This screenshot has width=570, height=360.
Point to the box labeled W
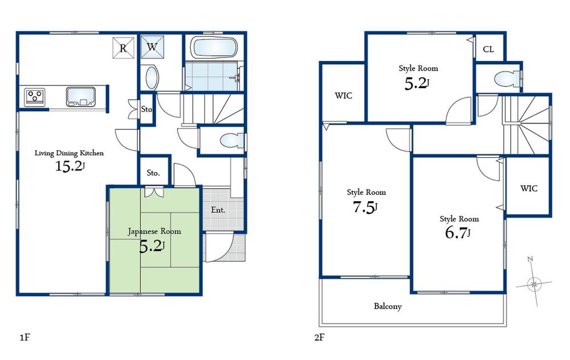point(152,47)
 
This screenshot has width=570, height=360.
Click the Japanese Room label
point(154,231)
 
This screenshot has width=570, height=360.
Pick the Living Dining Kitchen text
point(69,153)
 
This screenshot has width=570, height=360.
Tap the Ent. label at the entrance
point(218,210)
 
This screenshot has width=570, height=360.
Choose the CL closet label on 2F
point(488,49)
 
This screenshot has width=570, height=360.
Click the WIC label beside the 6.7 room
point(528,189)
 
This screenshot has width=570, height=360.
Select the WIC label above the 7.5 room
point(343,95)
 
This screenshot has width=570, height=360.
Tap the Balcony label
point(388,306)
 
